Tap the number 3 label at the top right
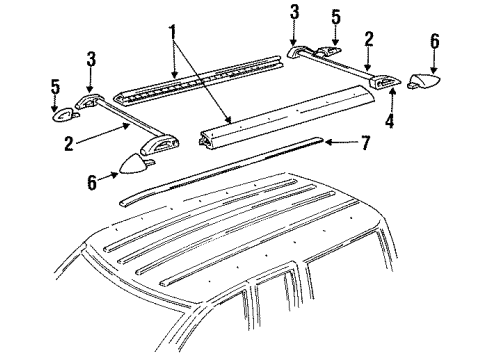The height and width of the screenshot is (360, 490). (294, 12)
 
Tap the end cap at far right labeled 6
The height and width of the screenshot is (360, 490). (428, 81)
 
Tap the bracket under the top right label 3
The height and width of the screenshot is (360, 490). (300, 53)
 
